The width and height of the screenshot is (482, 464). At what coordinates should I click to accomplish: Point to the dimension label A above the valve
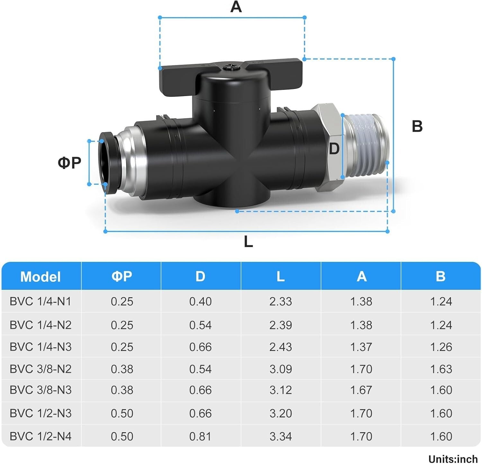pyautogui.click(x=236, y=7)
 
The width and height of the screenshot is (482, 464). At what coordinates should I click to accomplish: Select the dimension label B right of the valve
pyautogui.click(x=417, y=126)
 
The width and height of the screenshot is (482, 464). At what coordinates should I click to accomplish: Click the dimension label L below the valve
pyautogui.click(x=248, y=242)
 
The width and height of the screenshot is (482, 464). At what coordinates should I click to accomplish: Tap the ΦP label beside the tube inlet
pyautogui.click(x=69, y=163)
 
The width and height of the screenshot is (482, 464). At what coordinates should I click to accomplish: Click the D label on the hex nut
pyautogui.click(x=334, y=149)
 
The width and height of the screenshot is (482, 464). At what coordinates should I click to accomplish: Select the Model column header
pyautogui.click(x=40, y=277)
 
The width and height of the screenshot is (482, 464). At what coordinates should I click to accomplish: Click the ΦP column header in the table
pyautogui.click(x=122, y=276)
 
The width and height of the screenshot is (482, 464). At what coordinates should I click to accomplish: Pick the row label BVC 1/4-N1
pyautogui.click(x=40, y=301)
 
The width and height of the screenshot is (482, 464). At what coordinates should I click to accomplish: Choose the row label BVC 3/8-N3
pyautogui.click(x=40, y=390)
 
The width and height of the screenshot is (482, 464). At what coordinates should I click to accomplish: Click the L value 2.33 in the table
pyautogui.click(x=281, y=301)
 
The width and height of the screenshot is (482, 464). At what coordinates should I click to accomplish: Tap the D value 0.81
pyautogui.click(x=200, y=436)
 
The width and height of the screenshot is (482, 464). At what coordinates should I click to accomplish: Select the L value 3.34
pyautogui.click(x=281, y=436)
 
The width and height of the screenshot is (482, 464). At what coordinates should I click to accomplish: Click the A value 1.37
pyautogui.click(x=361, y=347)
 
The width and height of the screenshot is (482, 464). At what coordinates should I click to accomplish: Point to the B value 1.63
pyautogui.click(x=441, y=369)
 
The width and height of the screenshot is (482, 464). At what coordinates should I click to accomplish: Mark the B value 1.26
pyautogui.click(x=441, y=347)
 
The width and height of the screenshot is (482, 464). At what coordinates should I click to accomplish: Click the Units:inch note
pyautogui.click(x=453, y=459)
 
